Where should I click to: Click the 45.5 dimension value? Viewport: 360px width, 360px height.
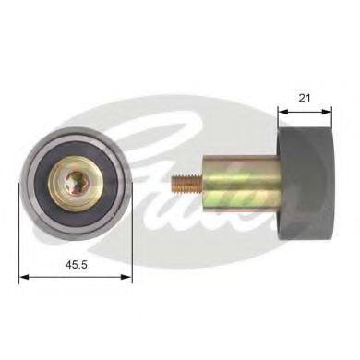[x=77, y=264]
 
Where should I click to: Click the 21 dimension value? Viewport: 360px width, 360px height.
[x=305, y=98]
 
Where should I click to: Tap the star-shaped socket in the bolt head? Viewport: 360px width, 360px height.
[x=75, y=183]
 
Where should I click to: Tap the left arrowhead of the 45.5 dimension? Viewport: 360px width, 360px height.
[x=24, y=277]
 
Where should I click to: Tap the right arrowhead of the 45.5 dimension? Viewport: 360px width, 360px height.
[x=126, y=277]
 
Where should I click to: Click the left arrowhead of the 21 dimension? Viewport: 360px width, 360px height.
[x=282, y=112]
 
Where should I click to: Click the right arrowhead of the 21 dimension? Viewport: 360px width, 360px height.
[x=327, y=112]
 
